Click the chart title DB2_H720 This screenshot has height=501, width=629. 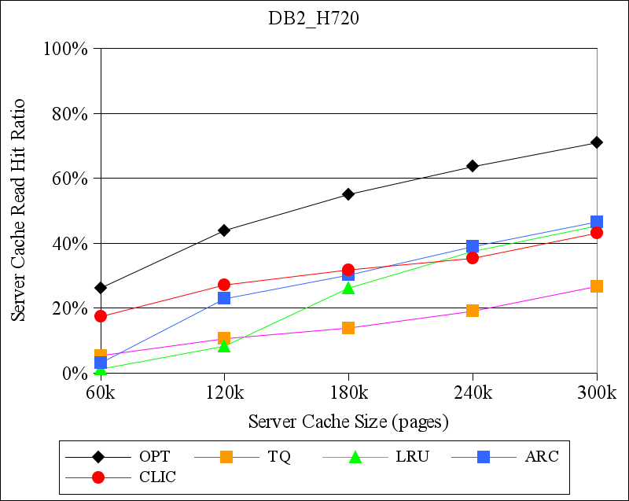click(x=314, y=20)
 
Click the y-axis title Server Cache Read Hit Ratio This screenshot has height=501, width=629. click(x=18, y=211)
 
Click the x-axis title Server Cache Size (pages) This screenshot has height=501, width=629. click(x=348, y=422)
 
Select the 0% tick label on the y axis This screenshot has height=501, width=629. click(x=73, y=373)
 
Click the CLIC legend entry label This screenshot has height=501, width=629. click(x=157, y=477)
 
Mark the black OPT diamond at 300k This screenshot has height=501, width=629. click(x=597, y=142)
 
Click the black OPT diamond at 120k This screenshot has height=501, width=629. click(x=224, y=230)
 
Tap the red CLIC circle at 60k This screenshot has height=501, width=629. click(x=101, y=316)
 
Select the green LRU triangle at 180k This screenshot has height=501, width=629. click(x=348, y=288)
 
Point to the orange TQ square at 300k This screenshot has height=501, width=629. click(x=597, y=286)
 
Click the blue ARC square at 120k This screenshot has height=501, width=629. click(x=224, y=298)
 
